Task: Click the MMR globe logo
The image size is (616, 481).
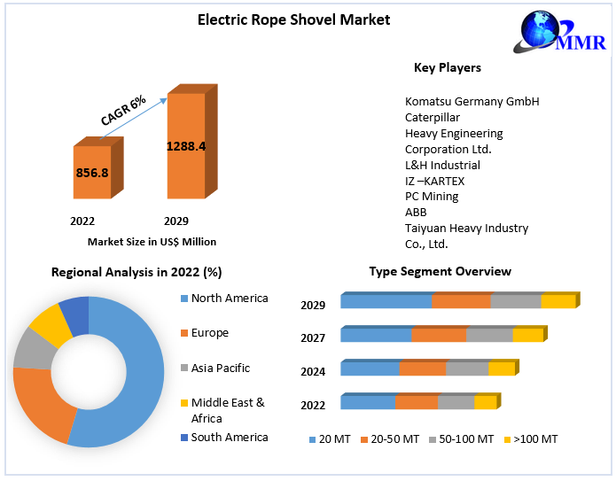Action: coord(544,34)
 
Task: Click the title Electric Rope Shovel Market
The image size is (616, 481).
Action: coord(293,19)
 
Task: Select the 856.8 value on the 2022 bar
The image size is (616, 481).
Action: coord(93,173)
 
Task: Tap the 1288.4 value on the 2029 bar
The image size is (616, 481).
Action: coord(186,145)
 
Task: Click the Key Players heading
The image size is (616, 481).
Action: coord(448,68)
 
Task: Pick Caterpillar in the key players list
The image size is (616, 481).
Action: coord(433,117)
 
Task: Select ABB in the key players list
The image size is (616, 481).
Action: coord(416,212)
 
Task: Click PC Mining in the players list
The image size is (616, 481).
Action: coord(432,196)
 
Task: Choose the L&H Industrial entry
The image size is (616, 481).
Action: coord(442,165)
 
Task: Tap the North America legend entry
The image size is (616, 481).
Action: coord(229,299)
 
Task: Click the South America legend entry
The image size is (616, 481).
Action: coord(229,438)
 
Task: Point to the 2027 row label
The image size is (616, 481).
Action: coord(313,337)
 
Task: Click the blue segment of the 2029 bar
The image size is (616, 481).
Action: coord(386,302)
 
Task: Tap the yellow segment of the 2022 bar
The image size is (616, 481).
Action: coord(485,403)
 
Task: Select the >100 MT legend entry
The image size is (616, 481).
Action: coord(532,439)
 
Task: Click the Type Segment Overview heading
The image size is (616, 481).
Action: coord(440,272)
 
